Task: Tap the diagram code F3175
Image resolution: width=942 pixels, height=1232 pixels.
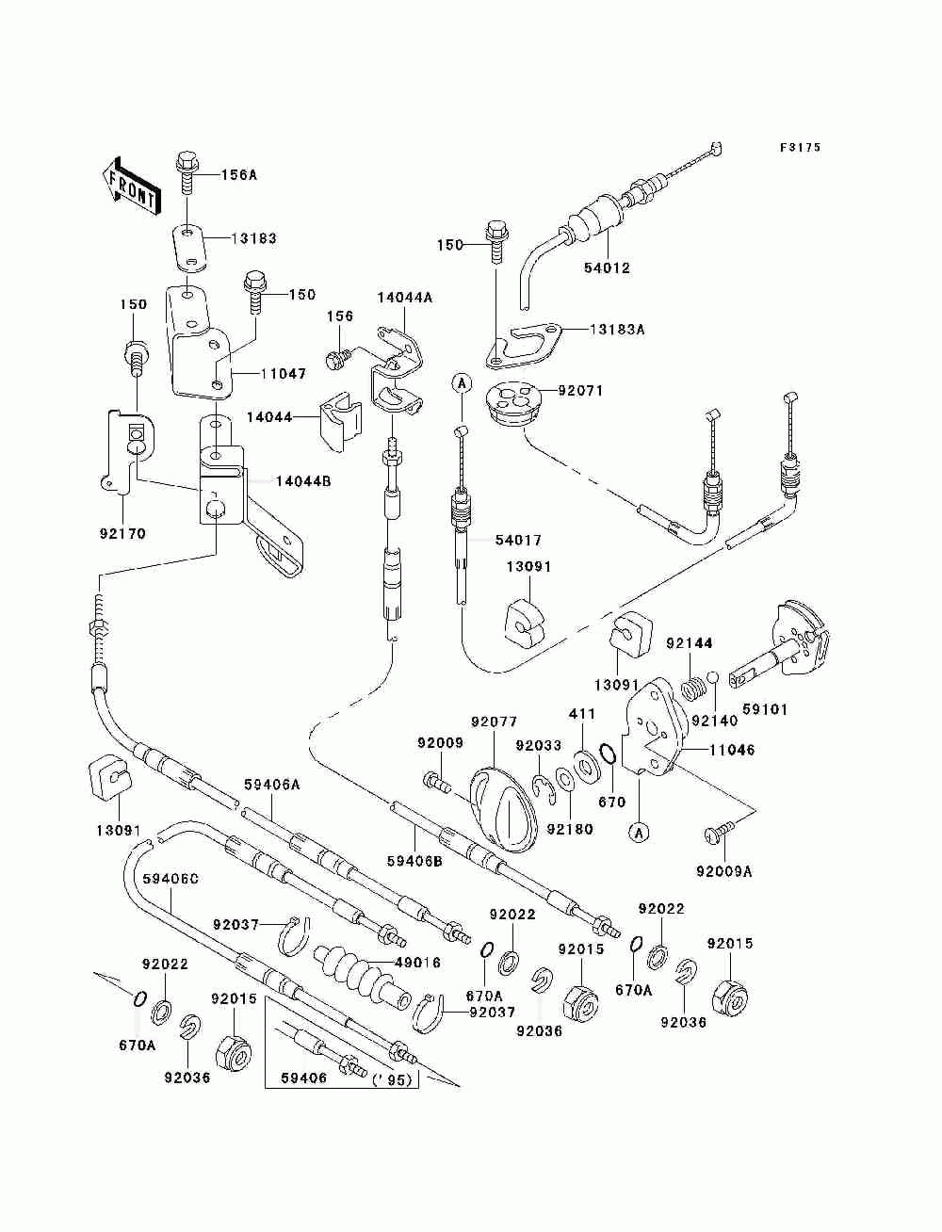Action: point(800,148)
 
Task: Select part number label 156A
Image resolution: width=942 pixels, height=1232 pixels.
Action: point(238,174)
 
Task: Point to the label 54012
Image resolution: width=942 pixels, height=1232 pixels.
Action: point(607,267)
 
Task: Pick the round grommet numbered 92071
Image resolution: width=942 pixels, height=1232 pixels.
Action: point(512,403)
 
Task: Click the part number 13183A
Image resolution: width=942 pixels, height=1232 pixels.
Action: point(617,330)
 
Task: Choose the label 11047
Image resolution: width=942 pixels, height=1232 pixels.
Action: point(284,374)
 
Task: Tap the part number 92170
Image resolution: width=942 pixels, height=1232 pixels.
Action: point(123,534)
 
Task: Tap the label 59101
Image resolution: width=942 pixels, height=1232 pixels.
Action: point(765,709)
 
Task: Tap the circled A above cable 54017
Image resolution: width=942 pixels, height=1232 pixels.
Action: point(462,383)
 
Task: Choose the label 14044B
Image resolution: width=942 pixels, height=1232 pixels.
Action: point(303,481)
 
